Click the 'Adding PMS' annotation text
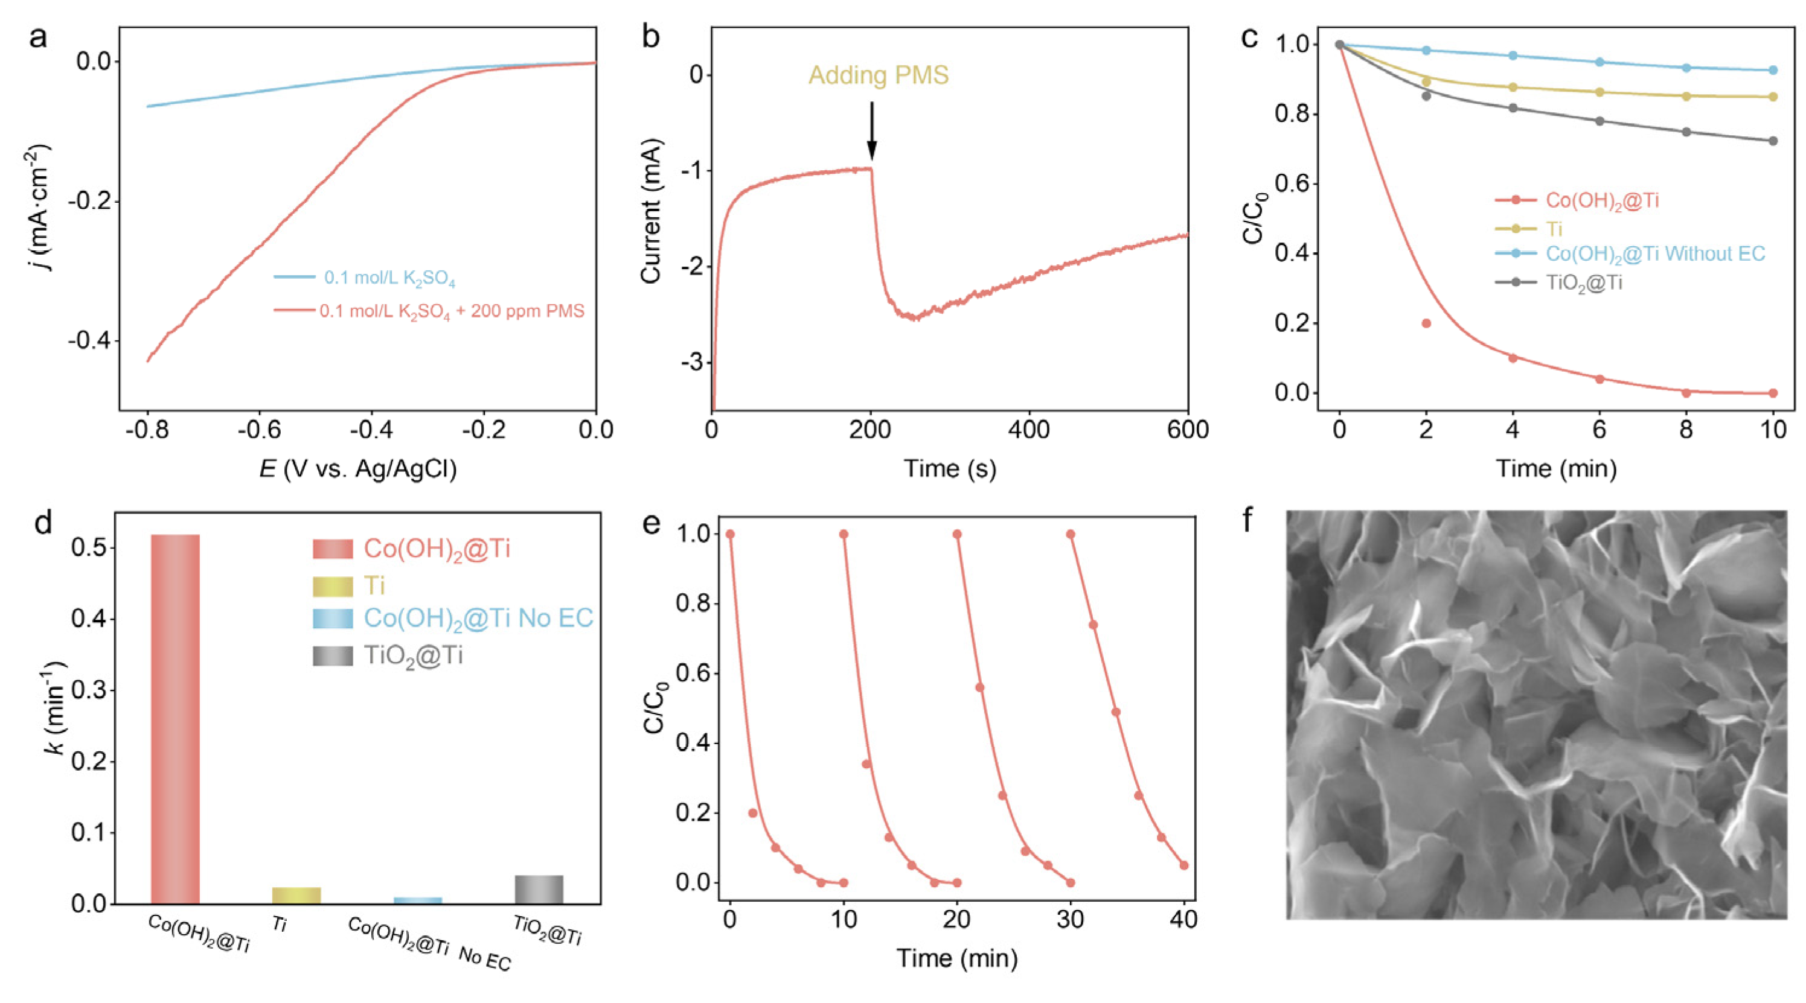coord(878,75)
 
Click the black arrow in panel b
coord(871,130)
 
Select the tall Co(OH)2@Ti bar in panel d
coord(175,718)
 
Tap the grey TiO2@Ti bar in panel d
coord(539,889)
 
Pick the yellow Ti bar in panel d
coord(296,895)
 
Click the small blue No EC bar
coord(418,900)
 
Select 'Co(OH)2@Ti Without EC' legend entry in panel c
coord(1654,253)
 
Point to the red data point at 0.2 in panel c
coord(1426,323)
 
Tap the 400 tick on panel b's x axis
coord(1028,430)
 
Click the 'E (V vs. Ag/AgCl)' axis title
coord(357,468)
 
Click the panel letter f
coord(1247,521)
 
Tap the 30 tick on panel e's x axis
coord(1071,919)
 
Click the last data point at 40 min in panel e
coord(1184,865)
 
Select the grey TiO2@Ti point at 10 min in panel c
coord(1773,141)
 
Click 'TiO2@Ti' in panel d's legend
coord(413,656)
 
